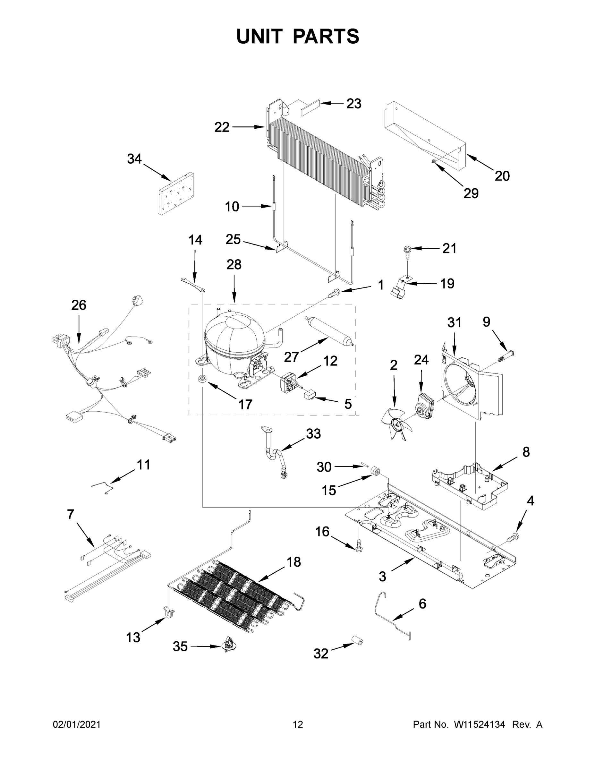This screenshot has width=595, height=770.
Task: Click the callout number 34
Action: pyautogui.click(x=134, y=159)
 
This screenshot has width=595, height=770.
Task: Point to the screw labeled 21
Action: pyautogui.click(x=407, y=251)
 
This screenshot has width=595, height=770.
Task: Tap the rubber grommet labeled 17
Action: pyautogui.click(x=202, y=379)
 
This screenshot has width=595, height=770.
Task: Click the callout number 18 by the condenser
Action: pyautogui.click(x=293, y=562)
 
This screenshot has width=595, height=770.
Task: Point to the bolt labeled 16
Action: pyautogui.click(x=359, y=546)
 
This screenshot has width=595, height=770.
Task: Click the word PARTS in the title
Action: pyautogui.click(x=326, y=36)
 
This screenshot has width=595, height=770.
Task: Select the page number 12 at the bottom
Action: pyautogui.click(x=298, y=724)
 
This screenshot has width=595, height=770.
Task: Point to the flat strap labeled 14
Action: pyautogui.click(x=193, y=285)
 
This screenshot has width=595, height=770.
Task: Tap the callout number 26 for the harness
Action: pyautogui.click(x=79, y=305)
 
